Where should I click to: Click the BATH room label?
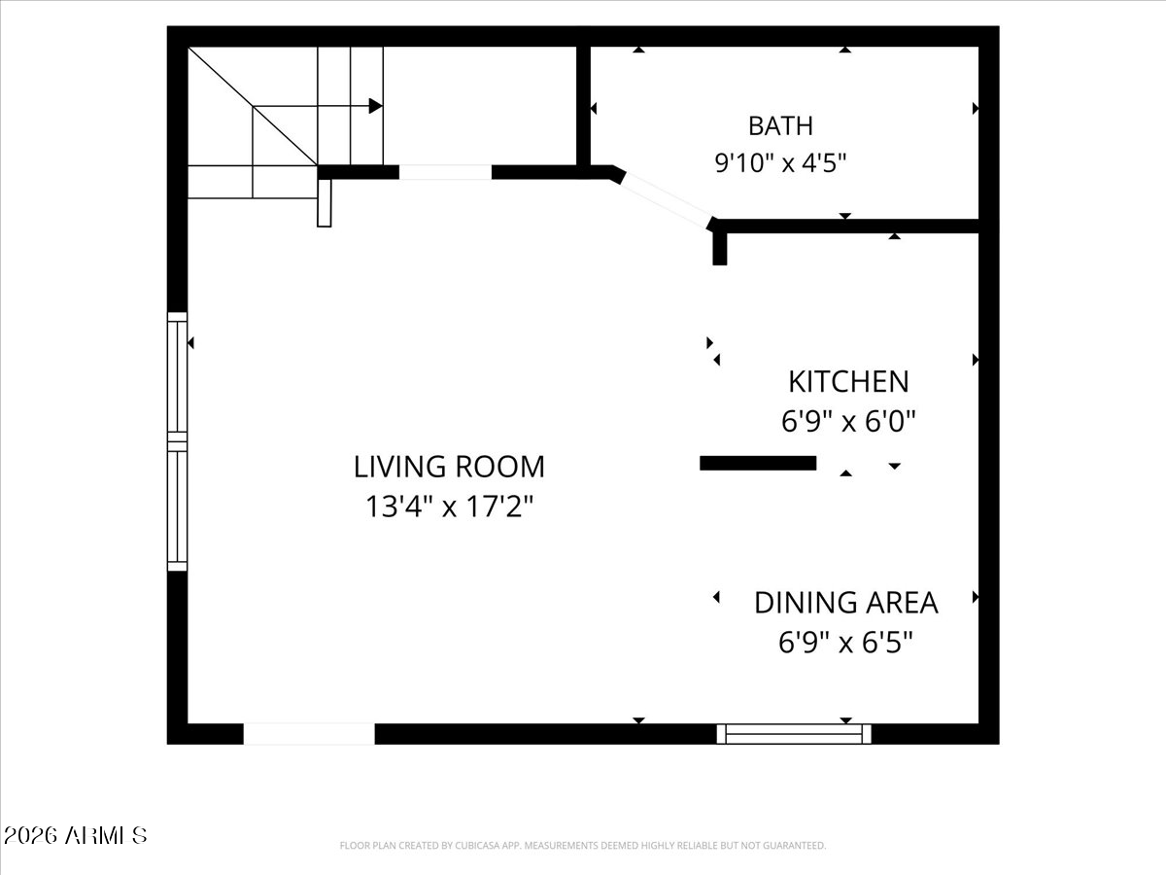pyautogui.click(x=780, y=126)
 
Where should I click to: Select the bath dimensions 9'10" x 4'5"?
pyautogui.click(x=780, y=162)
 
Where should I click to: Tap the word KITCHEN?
pyautogui.click(x=848, y=382)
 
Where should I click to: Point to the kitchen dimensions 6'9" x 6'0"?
pyautogui.click(x=848, y=422)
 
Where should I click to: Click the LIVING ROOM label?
pyautogui.click(x=450, y=467)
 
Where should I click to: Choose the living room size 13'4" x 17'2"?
pyautogui.click(x=450, y=507)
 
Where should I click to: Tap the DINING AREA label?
pyautogui.click(x=846, y=603)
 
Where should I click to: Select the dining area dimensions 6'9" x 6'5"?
pyautogui.click(x=846, y=643)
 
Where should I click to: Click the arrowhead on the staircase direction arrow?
pyautogui.click(x=376, y=106)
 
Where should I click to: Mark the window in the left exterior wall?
pyautogui.click(x=178, y=441)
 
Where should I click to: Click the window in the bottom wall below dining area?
pyautogui.click(x=794, y=734)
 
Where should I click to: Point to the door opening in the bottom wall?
pyautogui.click(x=309, y=734)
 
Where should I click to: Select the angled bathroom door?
pyautogui.click(x=667, y=201)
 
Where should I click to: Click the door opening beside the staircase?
pyautogui.click(x=445, y=172)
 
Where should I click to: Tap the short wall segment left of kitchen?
pyautogui.click(x=758, y=464)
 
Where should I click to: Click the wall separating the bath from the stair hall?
pyautogui.click(x=583, y=106)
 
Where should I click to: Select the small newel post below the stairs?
pyautogui.click(x=324, y=203)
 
